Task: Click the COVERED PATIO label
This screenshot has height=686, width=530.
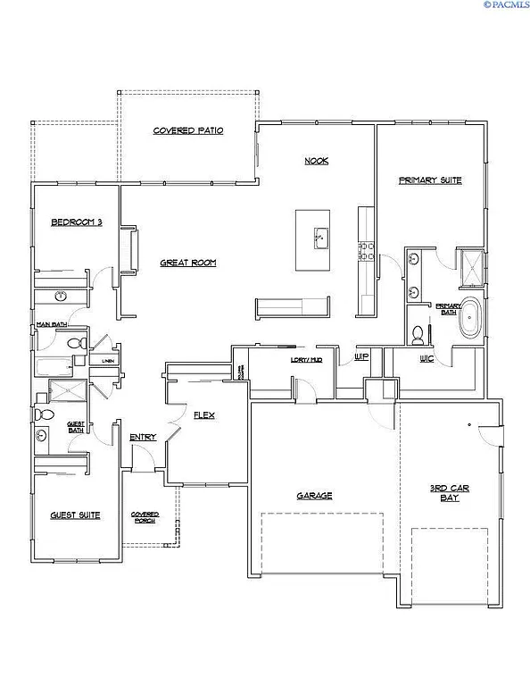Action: [187, 130]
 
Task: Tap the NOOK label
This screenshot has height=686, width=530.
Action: [317, 161]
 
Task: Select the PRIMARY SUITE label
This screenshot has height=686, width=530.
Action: [430, 180]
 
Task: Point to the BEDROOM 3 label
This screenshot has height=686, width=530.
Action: [76, 222]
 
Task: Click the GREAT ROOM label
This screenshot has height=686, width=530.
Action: [188, 263]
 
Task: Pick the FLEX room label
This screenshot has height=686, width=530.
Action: [204, 416]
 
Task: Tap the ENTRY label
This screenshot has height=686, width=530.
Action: [143, 437]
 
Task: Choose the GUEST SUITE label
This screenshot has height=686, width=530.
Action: [75, 515]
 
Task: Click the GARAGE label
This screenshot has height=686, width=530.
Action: [314, 496]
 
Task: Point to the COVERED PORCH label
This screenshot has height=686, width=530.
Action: [145, 517]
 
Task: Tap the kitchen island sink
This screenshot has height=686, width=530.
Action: [319, 238]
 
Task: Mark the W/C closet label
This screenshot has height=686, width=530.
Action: [426, 358]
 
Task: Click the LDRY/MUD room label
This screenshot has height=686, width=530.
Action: [280, 359]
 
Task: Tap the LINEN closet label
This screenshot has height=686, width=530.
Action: [108, 361]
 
